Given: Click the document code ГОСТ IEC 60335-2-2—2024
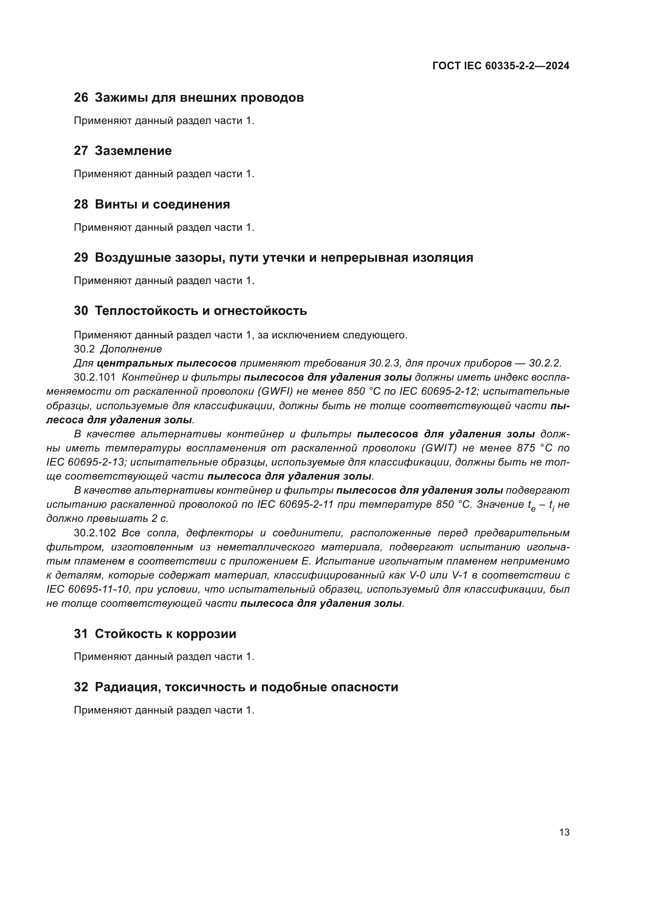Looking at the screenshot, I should pyautogui.click(x=500, y=66).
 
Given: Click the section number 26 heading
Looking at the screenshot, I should pyautogui.click(x=81, y=98).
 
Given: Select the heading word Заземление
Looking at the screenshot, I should pyautogui.click(x=133, y=151).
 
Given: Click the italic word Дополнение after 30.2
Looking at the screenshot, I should pyautogui.click(x=131, y=349).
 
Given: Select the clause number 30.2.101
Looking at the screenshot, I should pyautogui.click(x=95, y=377).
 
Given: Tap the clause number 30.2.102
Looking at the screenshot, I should pyautogui.click(x=95, y=533).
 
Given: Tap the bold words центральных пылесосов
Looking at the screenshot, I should pyautogui.click(x=167, y=363).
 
